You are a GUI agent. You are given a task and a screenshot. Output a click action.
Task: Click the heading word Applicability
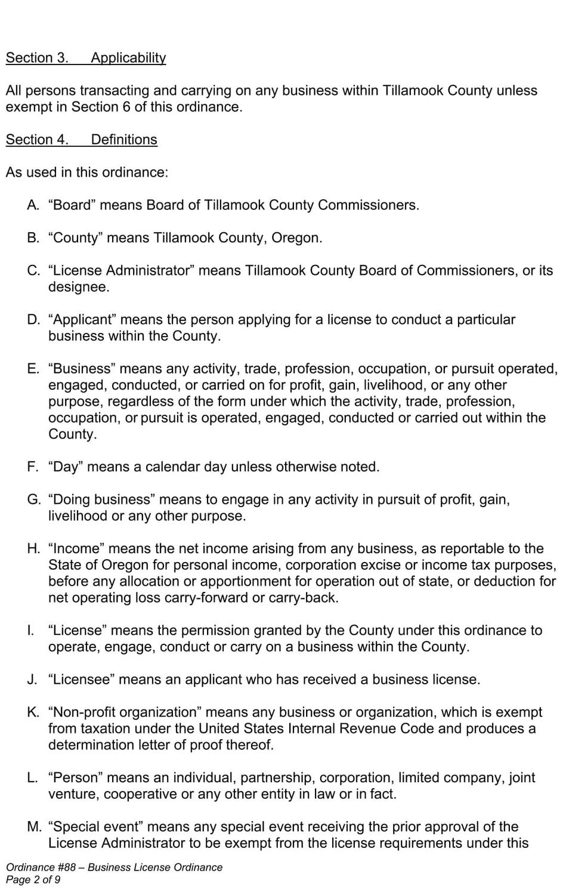pyautogui.click(x=128, y=58)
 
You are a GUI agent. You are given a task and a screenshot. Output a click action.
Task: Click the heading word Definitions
pyautogui.click(x=124, y=140)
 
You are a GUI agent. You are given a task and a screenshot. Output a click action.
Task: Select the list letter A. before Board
pyautogui.click(x=33, y=205)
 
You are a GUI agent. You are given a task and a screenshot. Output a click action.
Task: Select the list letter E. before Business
pyautogui.click(x=33, y=369)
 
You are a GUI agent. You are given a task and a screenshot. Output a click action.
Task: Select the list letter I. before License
pyautogui.click(x=31, y=631)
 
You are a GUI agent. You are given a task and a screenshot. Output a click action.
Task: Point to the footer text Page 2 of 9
pyautogui.click(x=33, y=879)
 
